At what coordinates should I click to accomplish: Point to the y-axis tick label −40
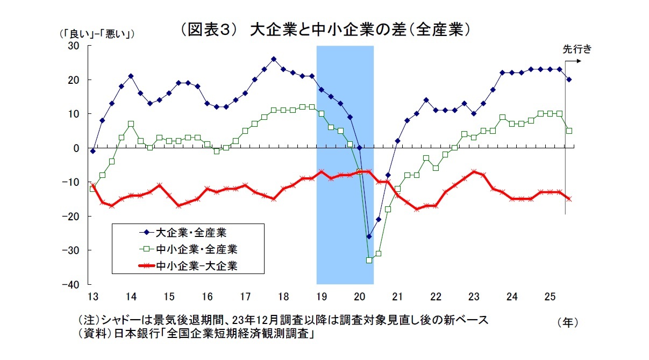[x=72, y=284]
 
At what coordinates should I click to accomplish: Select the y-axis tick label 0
[x=76, y=148]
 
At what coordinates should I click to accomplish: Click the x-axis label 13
[x=92, y=296]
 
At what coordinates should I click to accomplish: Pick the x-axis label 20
[x=359, y=296]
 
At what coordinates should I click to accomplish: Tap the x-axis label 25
[x=550, y=296]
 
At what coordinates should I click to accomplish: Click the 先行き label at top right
[x=576, y=49]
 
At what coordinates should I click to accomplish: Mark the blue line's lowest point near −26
[x=369, y=236]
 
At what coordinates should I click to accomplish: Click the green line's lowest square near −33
[x=369, y=260]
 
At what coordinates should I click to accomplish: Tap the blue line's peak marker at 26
[x=274, y=59]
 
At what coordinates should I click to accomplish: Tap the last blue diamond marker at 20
[x=569, y=80]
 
